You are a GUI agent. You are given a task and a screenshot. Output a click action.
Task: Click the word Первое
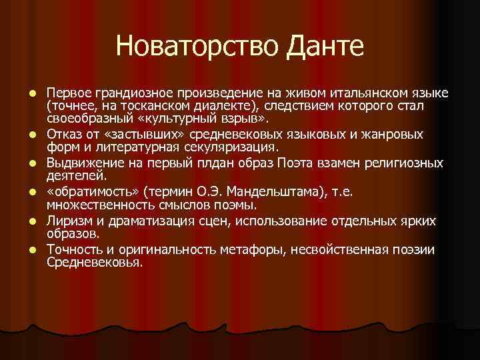click(x=67, y=91)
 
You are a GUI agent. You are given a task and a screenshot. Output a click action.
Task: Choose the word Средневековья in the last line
click(x=93, y=263)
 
